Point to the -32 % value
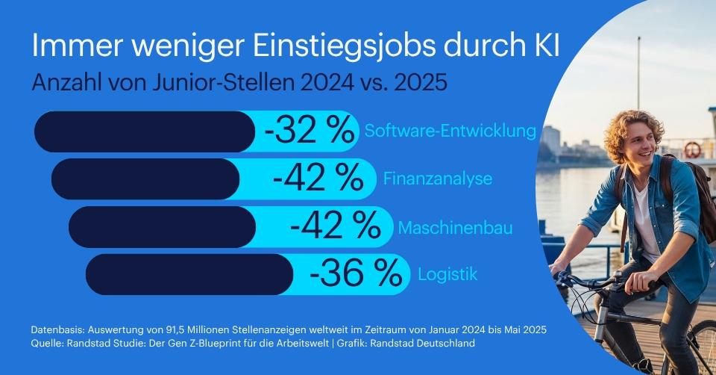pyautogui.click(x=309, y=131)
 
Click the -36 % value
pyautogui.click(x=356, y=274)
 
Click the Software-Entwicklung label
pyautogui.click(x=450, y=131)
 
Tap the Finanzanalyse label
pyautogui.click(x=438, y=179)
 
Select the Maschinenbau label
pyautogui.click(x=456, y=227)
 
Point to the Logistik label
pyautogui.click(x=447, y=274)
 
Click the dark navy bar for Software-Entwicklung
pyautogui.click(x=145, y=131)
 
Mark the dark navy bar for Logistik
pyautogui.click(x=189, y=274)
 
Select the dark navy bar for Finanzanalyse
pyautogui.click(x=145, y=179)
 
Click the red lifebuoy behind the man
pyautogui.click(x=693, y=149)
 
